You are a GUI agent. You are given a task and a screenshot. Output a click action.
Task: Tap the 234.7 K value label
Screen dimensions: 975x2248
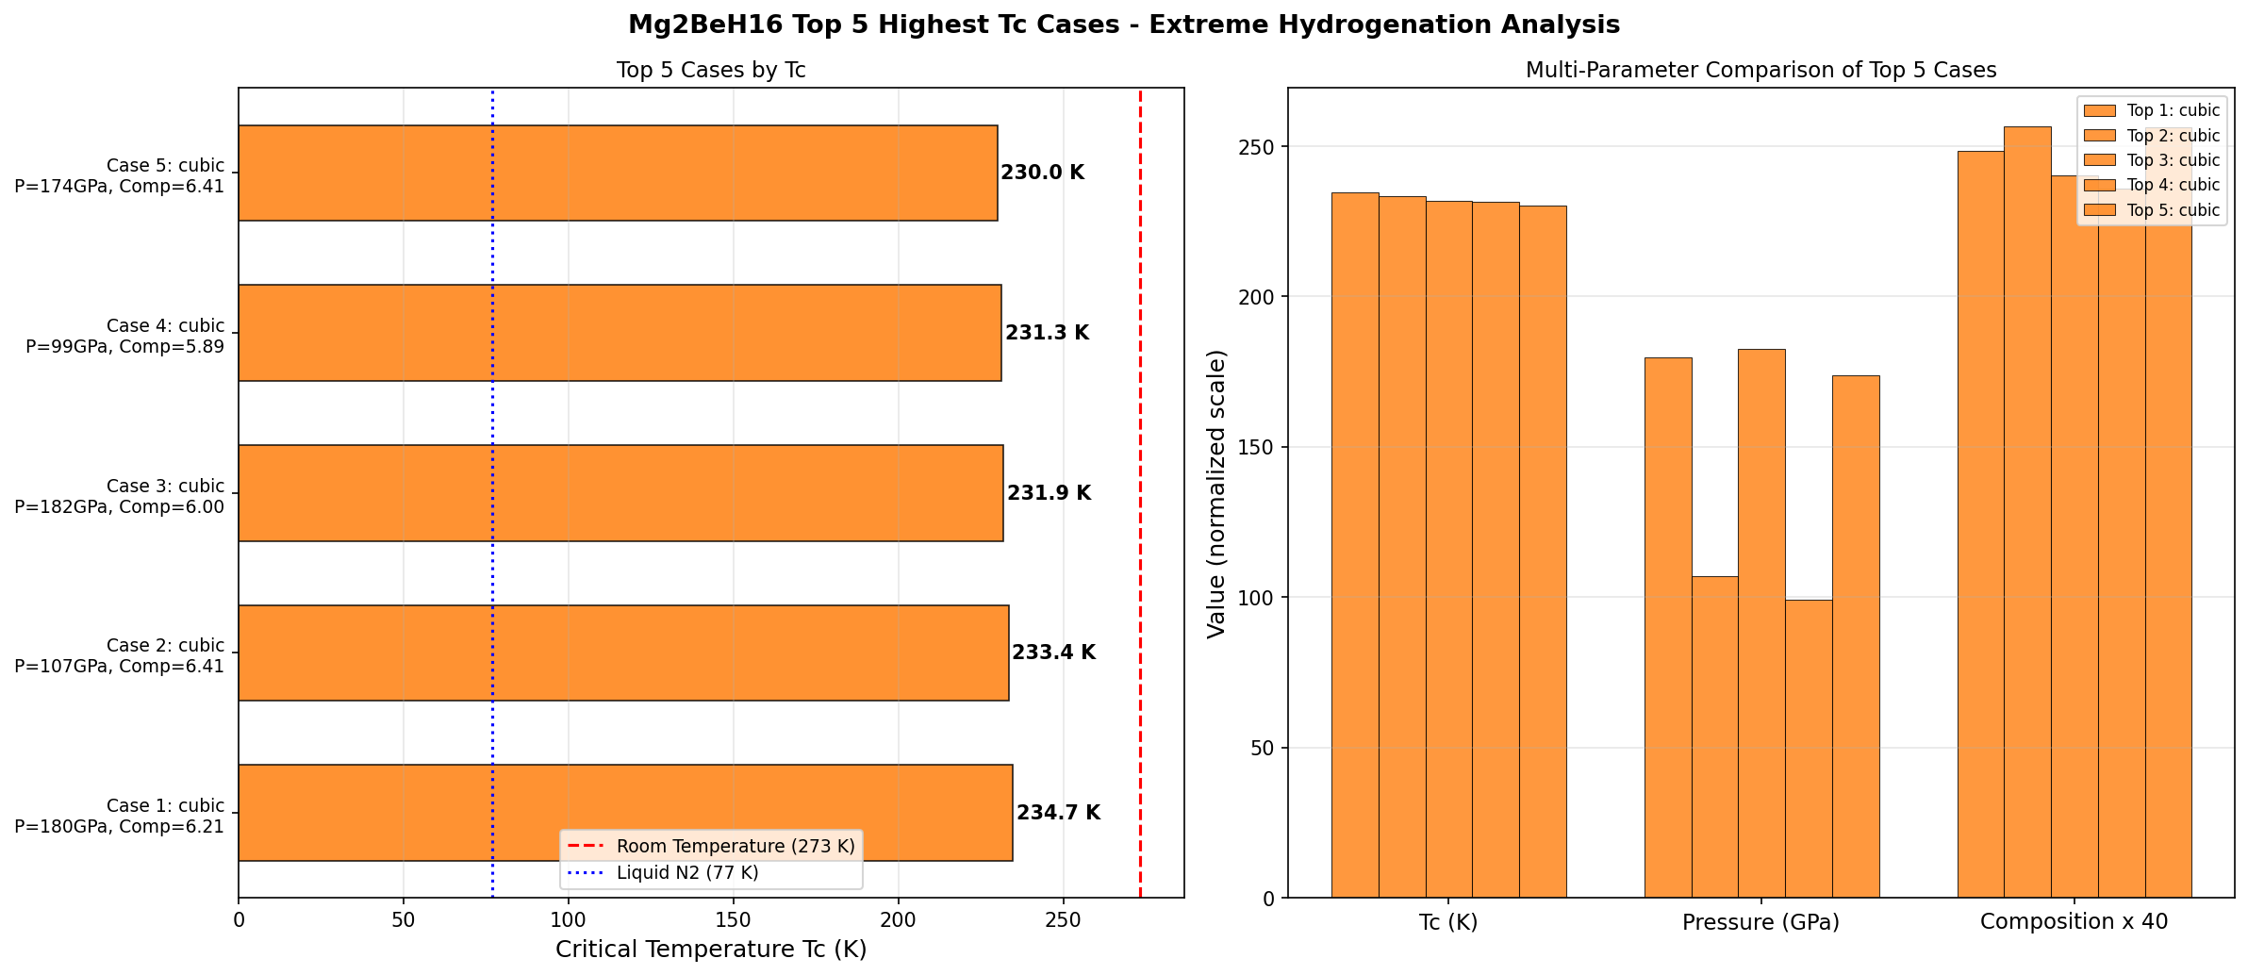tap(1058, 813)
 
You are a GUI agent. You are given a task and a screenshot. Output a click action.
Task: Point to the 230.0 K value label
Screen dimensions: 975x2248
tap(1042, 173)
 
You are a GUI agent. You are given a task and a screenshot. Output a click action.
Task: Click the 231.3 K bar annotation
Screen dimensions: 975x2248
tap(1047, 333)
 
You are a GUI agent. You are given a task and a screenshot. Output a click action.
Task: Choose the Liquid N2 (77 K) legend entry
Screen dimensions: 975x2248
tap(687, 872)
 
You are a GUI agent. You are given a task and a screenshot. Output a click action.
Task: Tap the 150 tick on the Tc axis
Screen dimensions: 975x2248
tap(733, 919)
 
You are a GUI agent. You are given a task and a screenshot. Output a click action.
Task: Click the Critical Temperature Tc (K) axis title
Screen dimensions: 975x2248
tap(711, 950)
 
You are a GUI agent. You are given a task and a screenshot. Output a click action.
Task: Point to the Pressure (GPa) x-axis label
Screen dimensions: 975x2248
tap(1760, 922)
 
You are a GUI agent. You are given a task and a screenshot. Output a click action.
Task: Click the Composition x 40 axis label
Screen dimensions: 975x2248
tap(2074, 921)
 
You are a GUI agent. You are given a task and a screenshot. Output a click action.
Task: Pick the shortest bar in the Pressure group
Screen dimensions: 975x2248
tap(1808, 749)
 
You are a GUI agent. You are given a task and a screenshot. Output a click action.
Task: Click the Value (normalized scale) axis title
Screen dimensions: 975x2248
tap(1216, 493)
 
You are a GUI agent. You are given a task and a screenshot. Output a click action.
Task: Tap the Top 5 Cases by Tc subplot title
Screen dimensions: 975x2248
tap(711, 71)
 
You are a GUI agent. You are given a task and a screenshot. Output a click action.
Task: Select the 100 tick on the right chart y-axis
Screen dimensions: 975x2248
tap(1261, 598)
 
